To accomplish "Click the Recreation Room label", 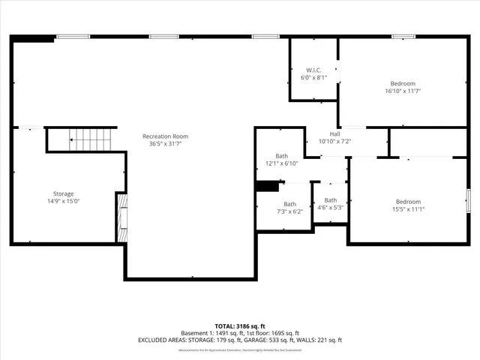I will coord(166,136).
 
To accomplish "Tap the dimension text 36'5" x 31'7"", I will coord(166,144).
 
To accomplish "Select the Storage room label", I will coord(63,193).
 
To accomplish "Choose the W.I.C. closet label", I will coord(313,70).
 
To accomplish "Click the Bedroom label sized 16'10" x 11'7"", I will coord(402,83).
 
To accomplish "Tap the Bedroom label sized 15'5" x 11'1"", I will coord(408,201).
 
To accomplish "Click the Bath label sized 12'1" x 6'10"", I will coord(281,156).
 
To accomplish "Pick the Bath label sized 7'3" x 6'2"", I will coord(289,204).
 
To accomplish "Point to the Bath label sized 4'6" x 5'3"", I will coord(330,200).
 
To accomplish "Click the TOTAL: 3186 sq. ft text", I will coord(239,325).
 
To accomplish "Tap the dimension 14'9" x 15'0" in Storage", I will coord(63,201).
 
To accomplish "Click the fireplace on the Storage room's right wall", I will coord(121,217).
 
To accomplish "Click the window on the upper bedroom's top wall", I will coord(403,36).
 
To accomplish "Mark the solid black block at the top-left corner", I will coord(34,37).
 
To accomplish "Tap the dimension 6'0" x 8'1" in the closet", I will coord(313,77).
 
